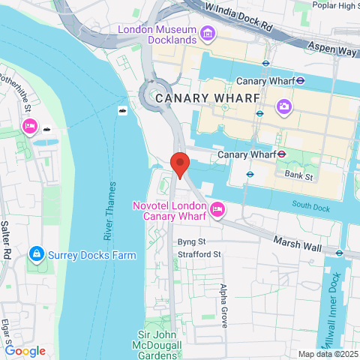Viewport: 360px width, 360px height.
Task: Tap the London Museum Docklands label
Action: tap(158, 34)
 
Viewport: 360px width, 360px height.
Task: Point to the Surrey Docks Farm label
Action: tap(93, 255)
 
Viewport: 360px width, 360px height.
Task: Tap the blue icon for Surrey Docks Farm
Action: tap(35, 256)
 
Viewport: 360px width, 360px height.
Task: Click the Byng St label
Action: tap(191, 242)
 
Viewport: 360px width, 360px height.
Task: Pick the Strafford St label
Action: tap(199, 254)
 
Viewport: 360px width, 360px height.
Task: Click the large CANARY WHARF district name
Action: tap(208, 98)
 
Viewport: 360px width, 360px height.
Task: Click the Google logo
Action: tap(25, 351)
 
